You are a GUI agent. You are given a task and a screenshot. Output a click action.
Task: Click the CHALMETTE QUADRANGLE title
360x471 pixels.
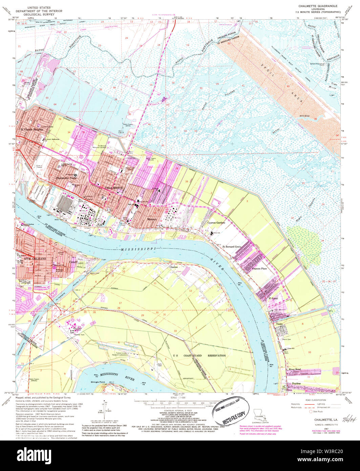(317, 6)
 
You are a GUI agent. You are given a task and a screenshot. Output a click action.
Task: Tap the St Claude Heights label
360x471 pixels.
(31, 129)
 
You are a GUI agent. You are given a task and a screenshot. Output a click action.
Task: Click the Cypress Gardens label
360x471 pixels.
(216, 223)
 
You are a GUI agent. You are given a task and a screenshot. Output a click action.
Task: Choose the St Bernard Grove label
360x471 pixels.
(231, 247)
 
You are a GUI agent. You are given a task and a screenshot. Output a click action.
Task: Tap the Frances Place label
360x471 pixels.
(259, 269)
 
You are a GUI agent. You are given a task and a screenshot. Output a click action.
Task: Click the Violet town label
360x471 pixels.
(279, 324)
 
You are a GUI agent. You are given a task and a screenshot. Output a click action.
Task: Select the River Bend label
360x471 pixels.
(295, 369)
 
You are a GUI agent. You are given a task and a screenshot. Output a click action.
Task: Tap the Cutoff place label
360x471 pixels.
(73, 262)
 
